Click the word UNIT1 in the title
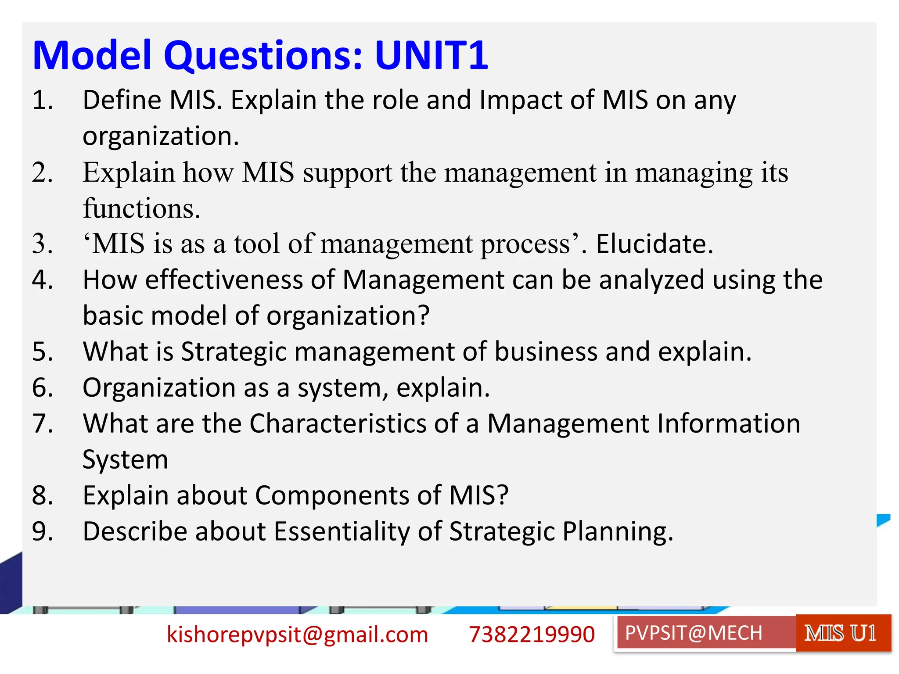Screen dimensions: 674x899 (x=431, y=55)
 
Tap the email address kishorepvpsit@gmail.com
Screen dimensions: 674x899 (x=297, y=635)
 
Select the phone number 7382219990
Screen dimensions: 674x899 (x=532, y=635)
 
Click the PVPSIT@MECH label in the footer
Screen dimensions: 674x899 (x=694, y=633)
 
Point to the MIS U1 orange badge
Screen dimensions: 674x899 (x=840, y=633)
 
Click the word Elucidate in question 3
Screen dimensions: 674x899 (x=654, y=244)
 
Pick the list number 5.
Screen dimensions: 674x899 (x=43, y=352)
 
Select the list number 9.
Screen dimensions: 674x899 (x=43, y=532)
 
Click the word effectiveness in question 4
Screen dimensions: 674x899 (x=224, y=280)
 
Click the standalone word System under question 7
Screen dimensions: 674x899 (x=125, y=460)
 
